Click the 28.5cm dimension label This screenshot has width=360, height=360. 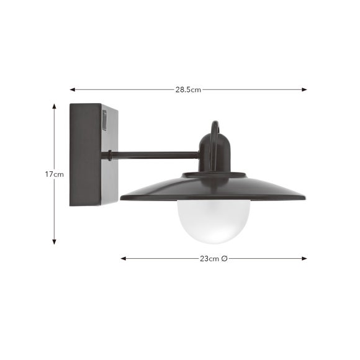188,89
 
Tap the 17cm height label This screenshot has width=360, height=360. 54,174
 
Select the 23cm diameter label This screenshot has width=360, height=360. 214,259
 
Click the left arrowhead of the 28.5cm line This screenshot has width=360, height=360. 73,89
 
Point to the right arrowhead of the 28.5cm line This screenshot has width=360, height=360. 304,89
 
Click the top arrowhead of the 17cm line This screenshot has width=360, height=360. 54,106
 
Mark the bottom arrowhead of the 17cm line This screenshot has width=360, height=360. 54,242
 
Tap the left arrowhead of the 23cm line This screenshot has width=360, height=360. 124,259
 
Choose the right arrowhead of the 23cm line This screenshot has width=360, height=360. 304,259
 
